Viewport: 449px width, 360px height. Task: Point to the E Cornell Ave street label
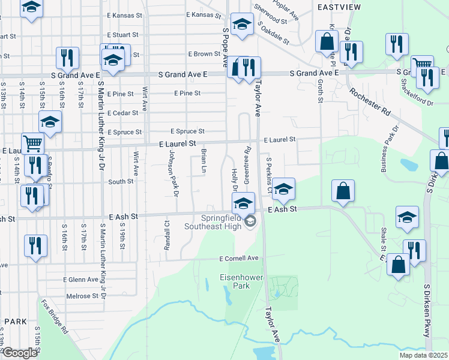(x=238, y=258)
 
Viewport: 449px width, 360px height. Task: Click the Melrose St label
(x=82, y=296)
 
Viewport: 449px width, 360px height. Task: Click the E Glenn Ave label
(x=80, y=279)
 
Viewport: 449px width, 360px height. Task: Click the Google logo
(x=19, y=353)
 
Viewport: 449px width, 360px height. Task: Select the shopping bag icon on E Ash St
(x=343, y=192)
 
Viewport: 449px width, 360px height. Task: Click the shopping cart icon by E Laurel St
(x=33, y=143)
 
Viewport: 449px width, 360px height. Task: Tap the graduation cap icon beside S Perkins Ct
(x=283, y=188)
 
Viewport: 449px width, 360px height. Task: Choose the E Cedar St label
(x=124, y=113)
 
